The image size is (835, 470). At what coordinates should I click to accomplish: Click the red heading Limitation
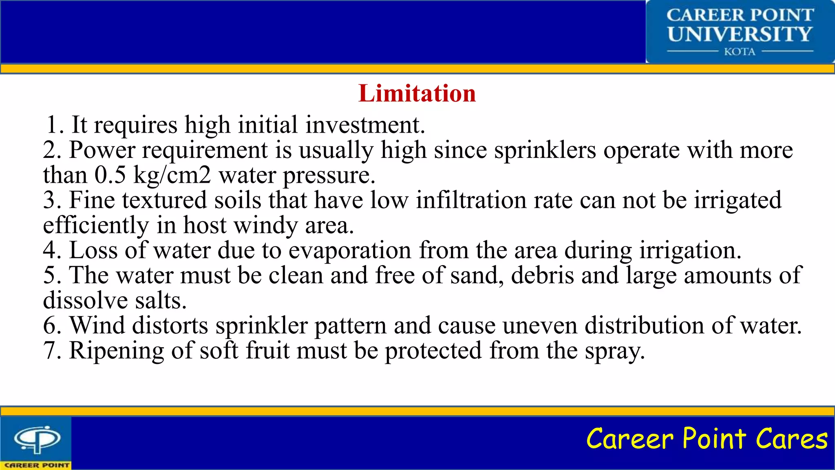(417, 93)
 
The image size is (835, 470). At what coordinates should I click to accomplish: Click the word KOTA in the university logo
(740, 52)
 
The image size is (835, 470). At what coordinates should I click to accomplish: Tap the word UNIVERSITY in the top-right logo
(740, 34)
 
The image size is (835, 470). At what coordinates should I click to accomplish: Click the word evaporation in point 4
(350, 250)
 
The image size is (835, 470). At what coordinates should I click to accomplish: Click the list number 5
(51, 275)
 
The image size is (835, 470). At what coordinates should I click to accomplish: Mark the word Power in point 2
(102, 150)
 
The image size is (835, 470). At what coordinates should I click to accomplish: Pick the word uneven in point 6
(540, 326)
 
